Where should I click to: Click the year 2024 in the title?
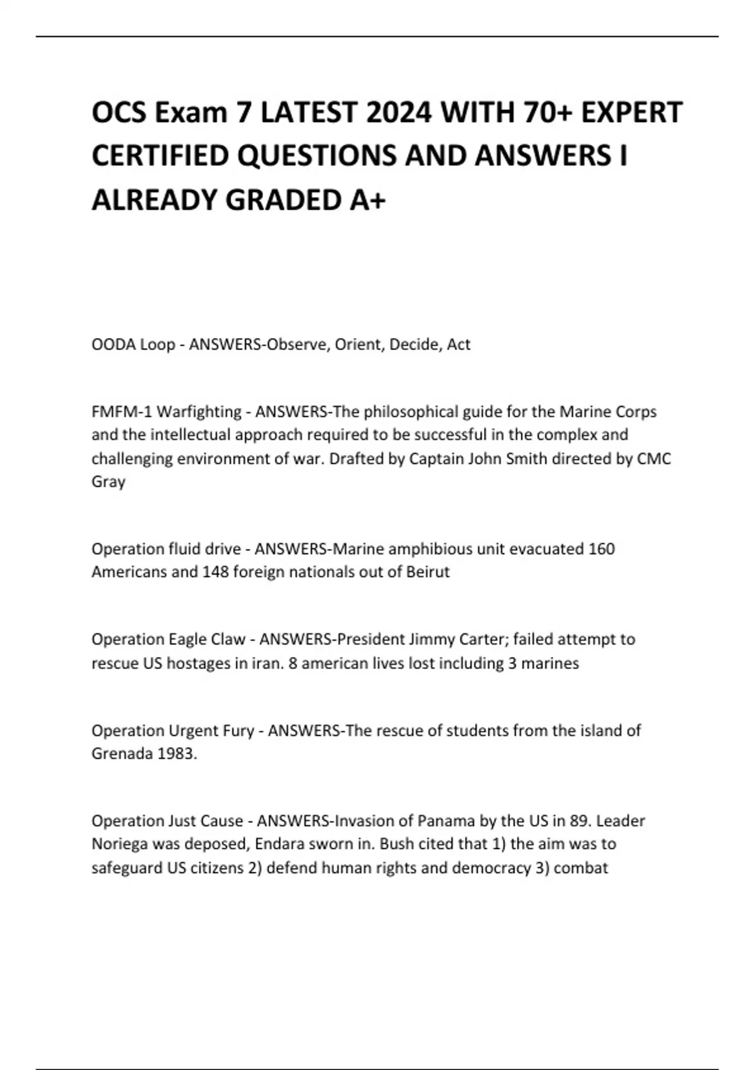[400, 113]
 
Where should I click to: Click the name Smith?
[525, 459]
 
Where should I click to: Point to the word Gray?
[108, 482]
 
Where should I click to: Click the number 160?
[601, 549]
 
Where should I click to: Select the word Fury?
[238, 731]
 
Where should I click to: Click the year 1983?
[177, 754]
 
